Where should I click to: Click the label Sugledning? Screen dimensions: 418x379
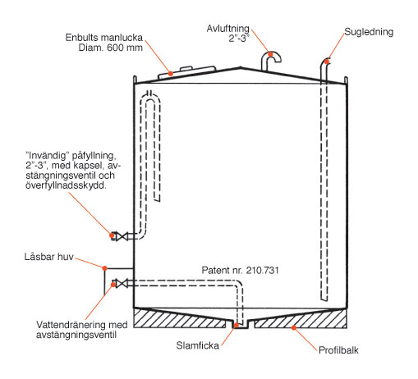[x=369, y=32]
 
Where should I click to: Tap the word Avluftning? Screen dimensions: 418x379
[x=228, y=29]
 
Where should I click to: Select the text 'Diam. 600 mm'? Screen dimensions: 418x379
[x=111, y=48]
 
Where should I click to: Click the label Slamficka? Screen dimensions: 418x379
[x=198, y=345]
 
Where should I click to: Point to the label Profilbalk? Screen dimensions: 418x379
[x=338, y=350]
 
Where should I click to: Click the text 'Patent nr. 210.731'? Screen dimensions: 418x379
[x=241, y=270]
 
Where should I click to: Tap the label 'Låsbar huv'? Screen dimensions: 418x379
[x=49, y=257]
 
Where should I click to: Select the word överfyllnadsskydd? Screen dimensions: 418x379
[x=66, y=185]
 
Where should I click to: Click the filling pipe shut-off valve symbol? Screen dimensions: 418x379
[x=122, y=236]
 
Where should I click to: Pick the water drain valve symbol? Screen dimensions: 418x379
[x=122, y=283]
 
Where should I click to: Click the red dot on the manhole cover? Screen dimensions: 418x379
[x=171, y=73]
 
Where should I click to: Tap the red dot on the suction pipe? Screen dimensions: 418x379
[x=327, y=62]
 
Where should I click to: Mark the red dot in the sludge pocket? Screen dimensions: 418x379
[x=236, y=325]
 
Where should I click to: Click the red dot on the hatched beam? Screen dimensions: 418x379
[x=293, y=327]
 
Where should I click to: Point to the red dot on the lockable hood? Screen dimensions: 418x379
[x=104, y=268]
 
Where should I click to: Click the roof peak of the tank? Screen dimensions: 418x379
[x=241, y=67]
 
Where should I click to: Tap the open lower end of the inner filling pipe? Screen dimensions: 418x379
[x=157, y=199]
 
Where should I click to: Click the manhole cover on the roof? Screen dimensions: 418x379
[x=187, y=71]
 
